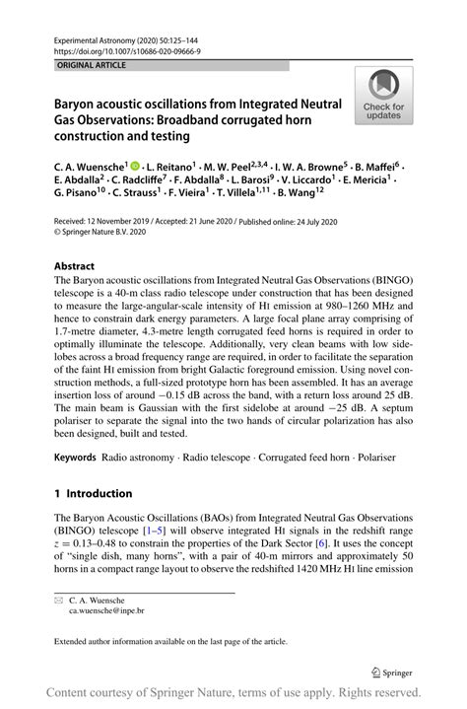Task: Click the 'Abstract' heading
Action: [x=74, y=266]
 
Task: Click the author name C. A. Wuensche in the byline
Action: [x=90, y=168]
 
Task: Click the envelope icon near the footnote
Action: [x=58, y=599]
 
